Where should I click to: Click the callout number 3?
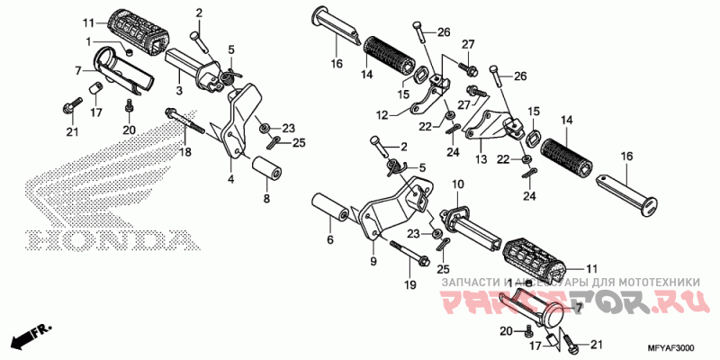pyautogui.click(x=179, y=90)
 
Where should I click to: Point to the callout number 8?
pyautogui.click(x=265, y=197)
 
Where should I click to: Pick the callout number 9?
pyautogui.click(x=373, y=262)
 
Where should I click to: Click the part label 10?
pyautogui.click(x=457, y=184)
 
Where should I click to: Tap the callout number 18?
pyautogui.click(x=187, y=154)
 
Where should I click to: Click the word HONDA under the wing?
pyautogui.click(x=108, y=240)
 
